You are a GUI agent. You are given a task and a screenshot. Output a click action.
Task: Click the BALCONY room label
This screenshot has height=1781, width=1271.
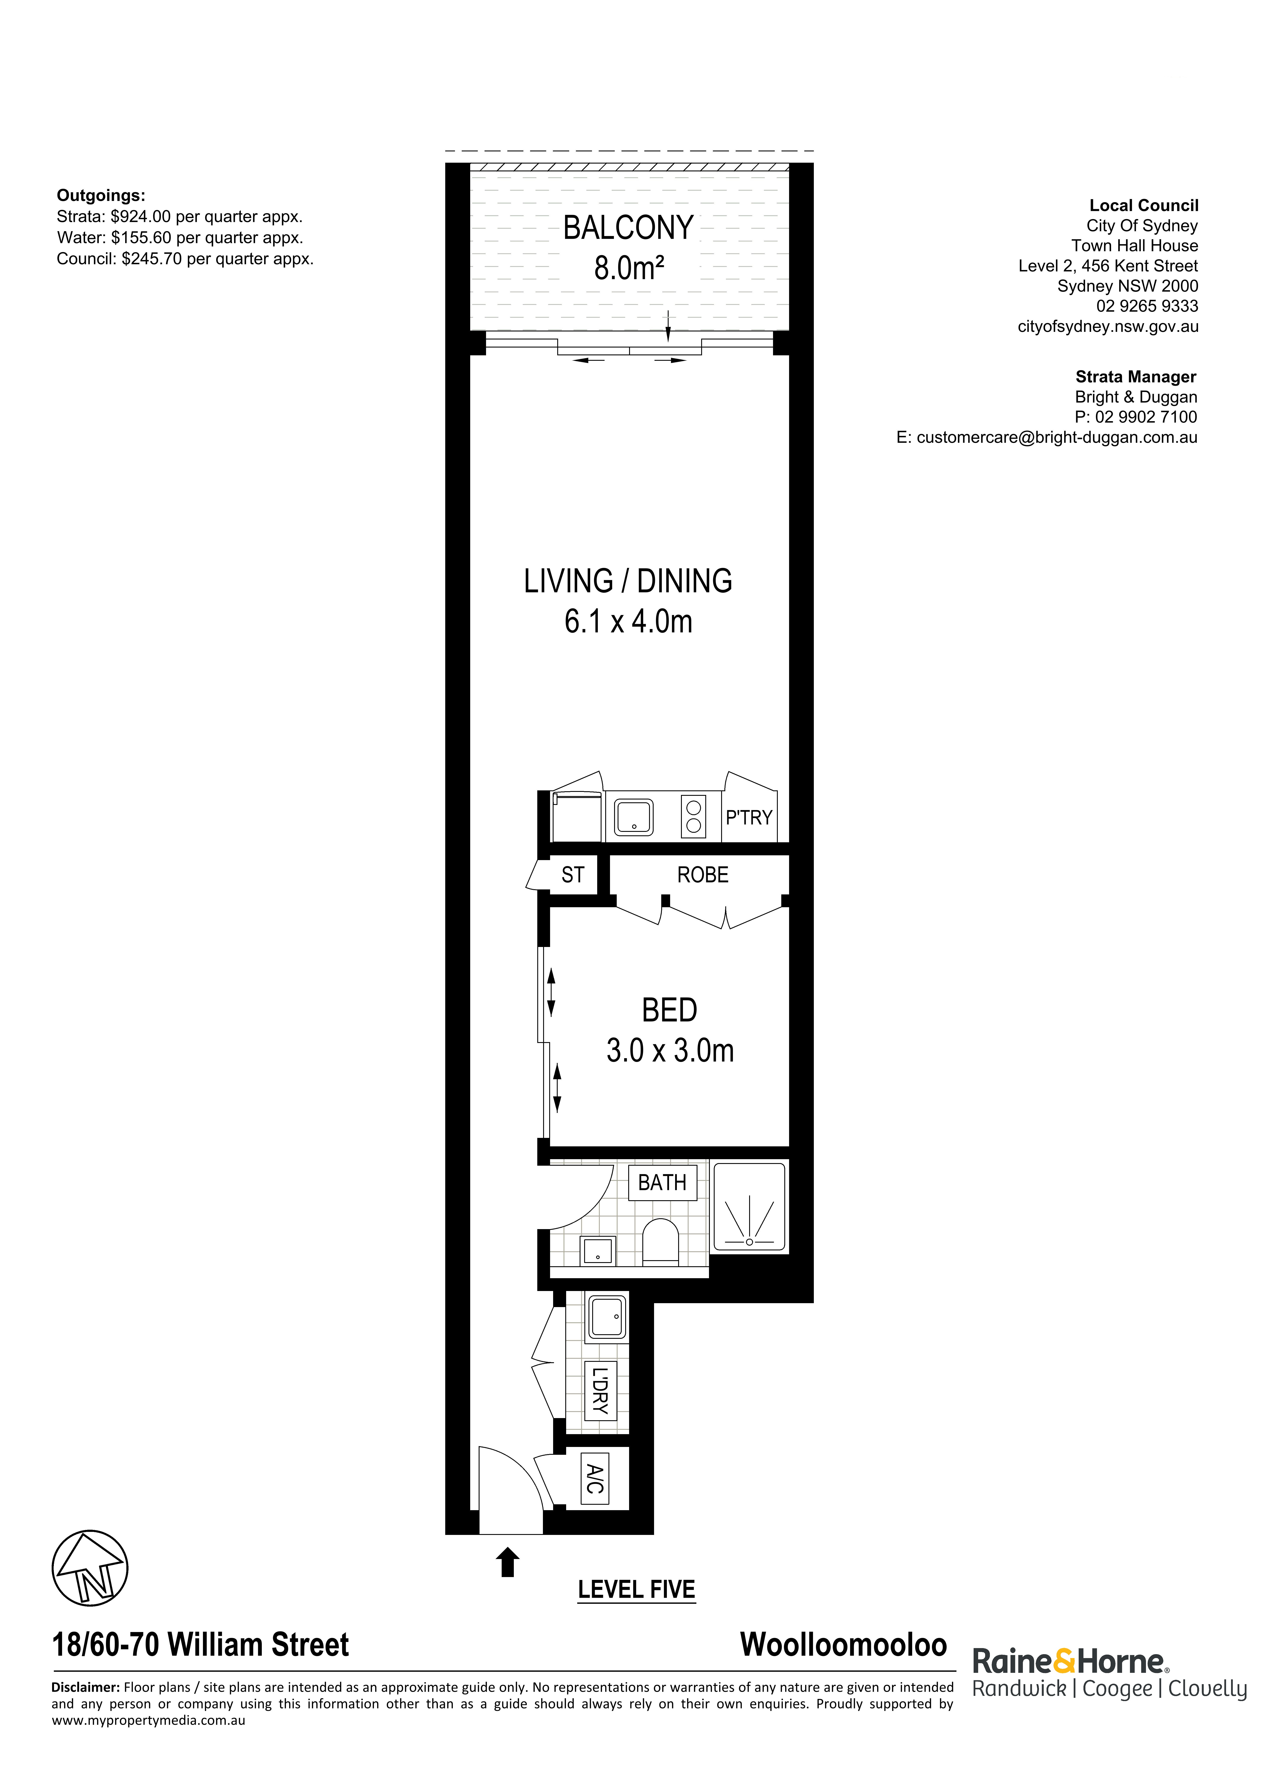point(628,228)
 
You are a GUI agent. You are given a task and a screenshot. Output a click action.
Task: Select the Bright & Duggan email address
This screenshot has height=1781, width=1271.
point(1057,438)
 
